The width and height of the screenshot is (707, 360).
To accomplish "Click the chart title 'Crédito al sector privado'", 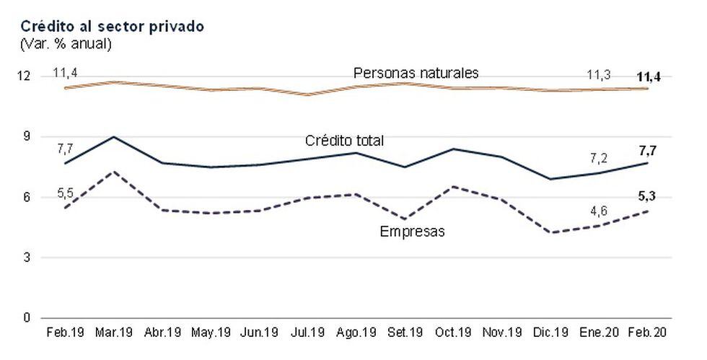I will [x=112, y=26].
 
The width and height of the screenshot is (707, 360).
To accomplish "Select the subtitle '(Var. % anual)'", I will [x=66, y=44].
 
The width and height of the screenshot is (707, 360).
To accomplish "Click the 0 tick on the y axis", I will [x=27, y=317].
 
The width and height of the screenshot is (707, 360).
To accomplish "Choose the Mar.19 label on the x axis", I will [x=114, y=333].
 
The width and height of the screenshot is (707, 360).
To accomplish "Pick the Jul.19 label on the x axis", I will [x=309, y=333].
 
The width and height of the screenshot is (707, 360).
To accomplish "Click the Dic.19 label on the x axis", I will [x=552, y=333].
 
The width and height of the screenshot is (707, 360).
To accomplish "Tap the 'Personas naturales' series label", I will [x=416, y=73].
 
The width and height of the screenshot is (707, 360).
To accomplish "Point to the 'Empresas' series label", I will [x=412, y=232].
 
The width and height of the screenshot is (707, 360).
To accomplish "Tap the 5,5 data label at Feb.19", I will [x=65, y=194].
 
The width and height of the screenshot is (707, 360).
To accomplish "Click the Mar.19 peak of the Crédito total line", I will [x=114, y=136].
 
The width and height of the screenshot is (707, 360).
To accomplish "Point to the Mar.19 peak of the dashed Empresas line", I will [x=114, y=172].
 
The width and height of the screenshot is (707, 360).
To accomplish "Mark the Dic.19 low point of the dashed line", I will [x=552, y=232].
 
